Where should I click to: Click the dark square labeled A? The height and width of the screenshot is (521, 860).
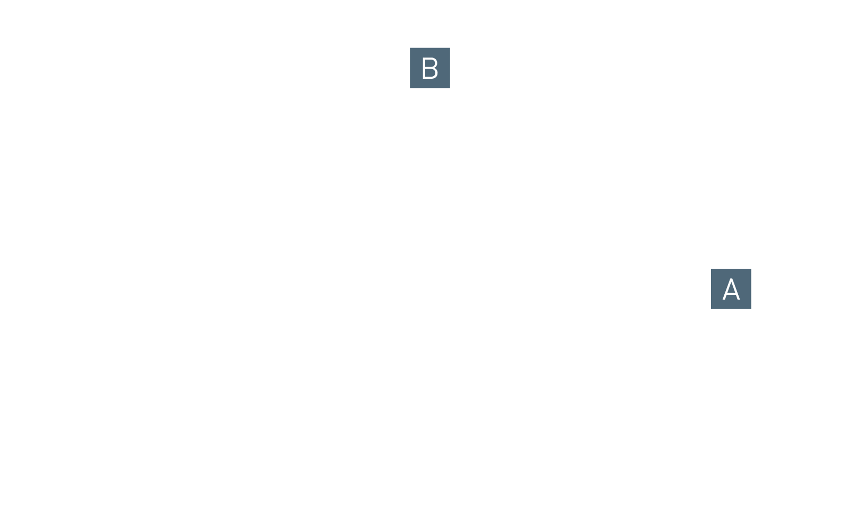731,289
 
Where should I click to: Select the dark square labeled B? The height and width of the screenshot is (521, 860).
430,68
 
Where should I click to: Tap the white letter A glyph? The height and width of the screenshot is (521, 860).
731,289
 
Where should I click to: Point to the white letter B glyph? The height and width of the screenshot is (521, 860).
430,68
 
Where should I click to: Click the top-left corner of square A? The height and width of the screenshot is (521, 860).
711,269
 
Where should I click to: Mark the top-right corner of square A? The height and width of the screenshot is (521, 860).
751,269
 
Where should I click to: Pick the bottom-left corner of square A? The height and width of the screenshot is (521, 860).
711,309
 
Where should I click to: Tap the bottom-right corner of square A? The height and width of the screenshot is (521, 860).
751,309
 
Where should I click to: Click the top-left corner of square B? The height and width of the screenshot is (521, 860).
410,48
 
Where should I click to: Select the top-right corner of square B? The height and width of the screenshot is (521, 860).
450,48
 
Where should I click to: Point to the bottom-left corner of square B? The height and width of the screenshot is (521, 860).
410,88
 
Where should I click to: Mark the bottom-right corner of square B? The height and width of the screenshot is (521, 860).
450,88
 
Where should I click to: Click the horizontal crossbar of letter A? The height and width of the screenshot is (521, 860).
731,293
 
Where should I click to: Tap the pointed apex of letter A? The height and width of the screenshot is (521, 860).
731,278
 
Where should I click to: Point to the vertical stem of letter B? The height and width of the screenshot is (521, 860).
424,68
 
